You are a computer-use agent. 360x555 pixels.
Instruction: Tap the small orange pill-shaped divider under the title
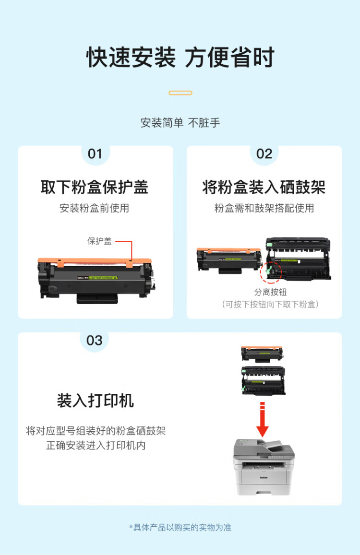click(180, 93)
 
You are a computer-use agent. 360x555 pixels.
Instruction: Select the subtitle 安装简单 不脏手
click(180, 123)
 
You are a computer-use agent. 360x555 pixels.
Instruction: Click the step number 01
click(95, 154)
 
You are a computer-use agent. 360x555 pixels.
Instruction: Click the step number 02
click(264, 154)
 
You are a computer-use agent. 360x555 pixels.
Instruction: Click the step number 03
click(95, 340)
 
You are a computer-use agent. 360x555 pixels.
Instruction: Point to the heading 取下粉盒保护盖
click(95, 187)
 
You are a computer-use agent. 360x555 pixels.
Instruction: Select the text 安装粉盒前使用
click(95, 208)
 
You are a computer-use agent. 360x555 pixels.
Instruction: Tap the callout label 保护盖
click(99, 241)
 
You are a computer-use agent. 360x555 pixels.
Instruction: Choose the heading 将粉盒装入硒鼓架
click(264, 187)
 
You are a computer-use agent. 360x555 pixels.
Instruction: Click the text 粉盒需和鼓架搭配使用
click(264, 208)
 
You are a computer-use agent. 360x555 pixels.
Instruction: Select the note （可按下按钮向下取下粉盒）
click(270, 304)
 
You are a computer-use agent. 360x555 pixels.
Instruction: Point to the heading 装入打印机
click(95, 401)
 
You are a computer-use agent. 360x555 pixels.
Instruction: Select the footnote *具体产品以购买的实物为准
click(180, 527)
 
